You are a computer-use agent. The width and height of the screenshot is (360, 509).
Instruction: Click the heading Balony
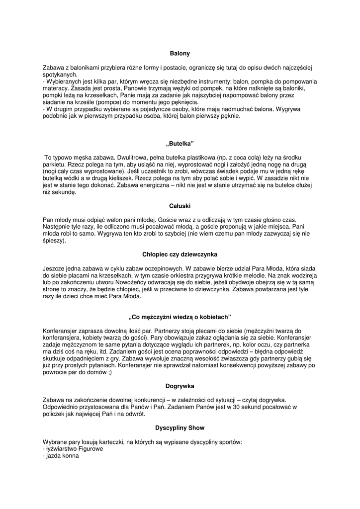click(x=180, y=53)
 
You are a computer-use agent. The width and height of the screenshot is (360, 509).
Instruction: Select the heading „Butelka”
click(x=180, y=144)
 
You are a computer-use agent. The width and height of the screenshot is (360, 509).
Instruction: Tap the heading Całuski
click(x=180, y=205)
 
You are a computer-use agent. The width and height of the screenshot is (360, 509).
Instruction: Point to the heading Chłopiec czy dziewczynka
click(x=180, y=254)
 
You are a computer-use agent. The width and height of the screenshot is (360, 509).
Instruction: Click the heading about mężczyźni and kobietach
click(x=180, y=317)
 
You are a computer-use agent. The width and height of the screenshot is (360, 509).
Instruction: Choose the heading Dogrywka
click(x=180, y=386)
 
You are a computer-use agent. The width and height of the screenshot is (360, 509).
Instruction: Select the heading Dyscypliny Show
click(x=180, y=427)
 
